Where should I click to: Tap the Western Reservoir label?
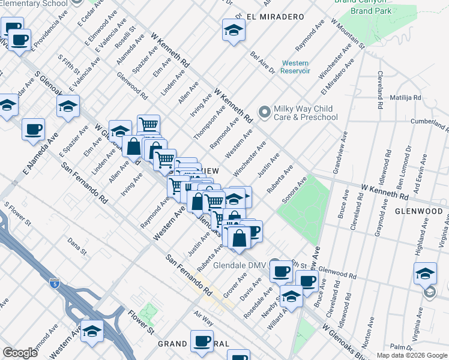pyautogui.click(x=295, y=67)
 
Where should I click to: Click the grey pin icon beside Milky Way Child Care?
pyautogui.click(x=264, y=112)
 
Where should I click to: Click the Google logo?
pyautogui.click(x=20, y=353)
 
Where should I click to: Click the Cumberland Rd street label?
pyautogui.click(x=430, y=125)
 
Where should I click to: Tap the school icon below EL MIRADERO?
pyautogui.click(x=233, y=30)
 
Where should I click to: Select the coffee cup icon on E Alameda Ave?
pyautogui.click(x=33, y=129)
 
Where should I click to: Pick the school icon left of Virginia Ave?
pyautogui.click(x=425, y=273)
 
